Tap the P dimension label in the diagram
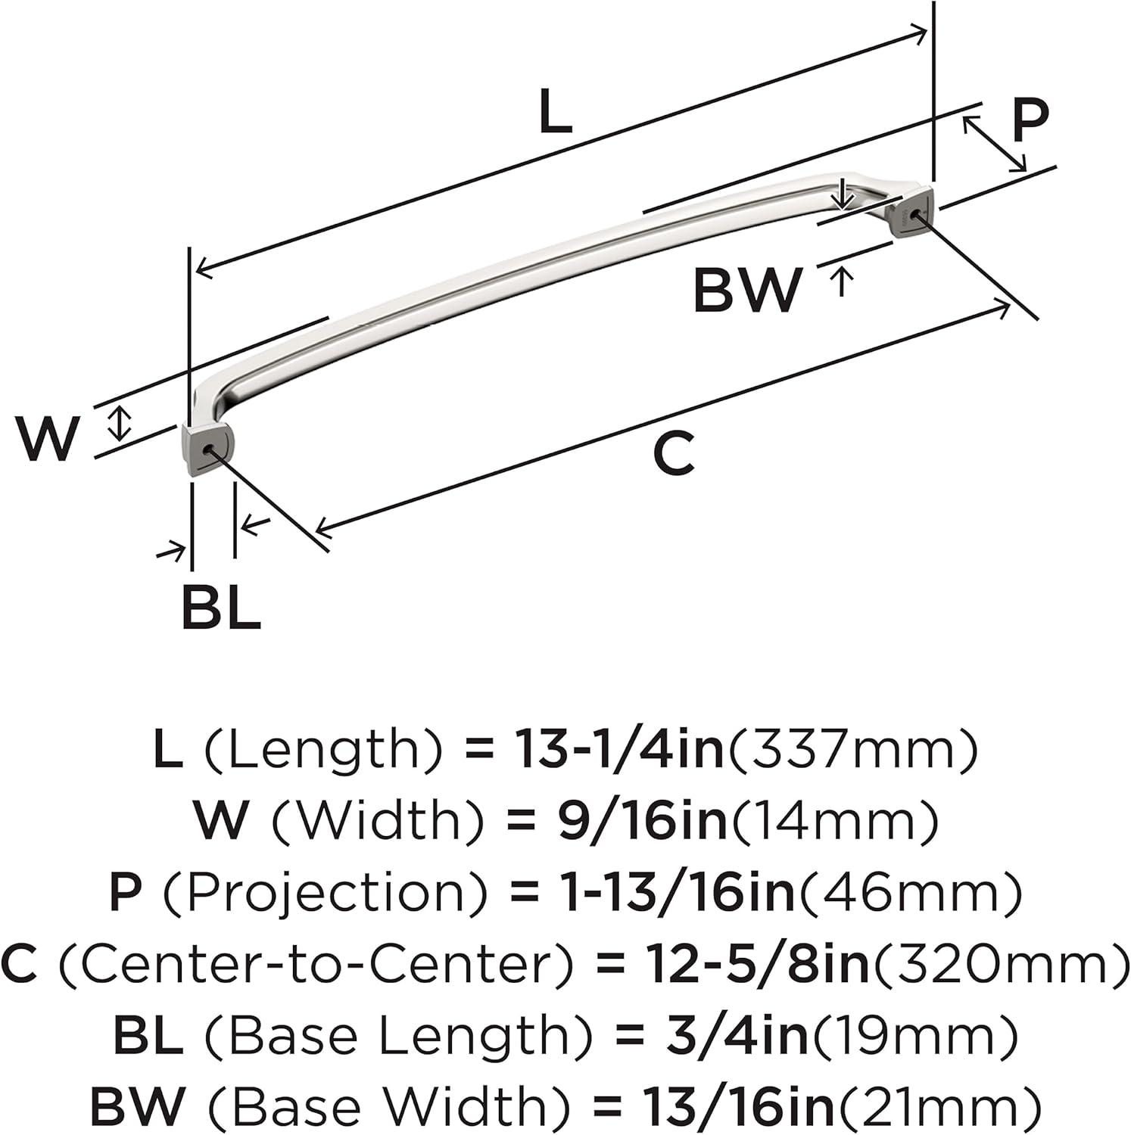[x=1030, y=119]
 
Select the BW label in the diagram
[x=747, y=291]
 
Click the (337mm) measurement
[x=851, y=749]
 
